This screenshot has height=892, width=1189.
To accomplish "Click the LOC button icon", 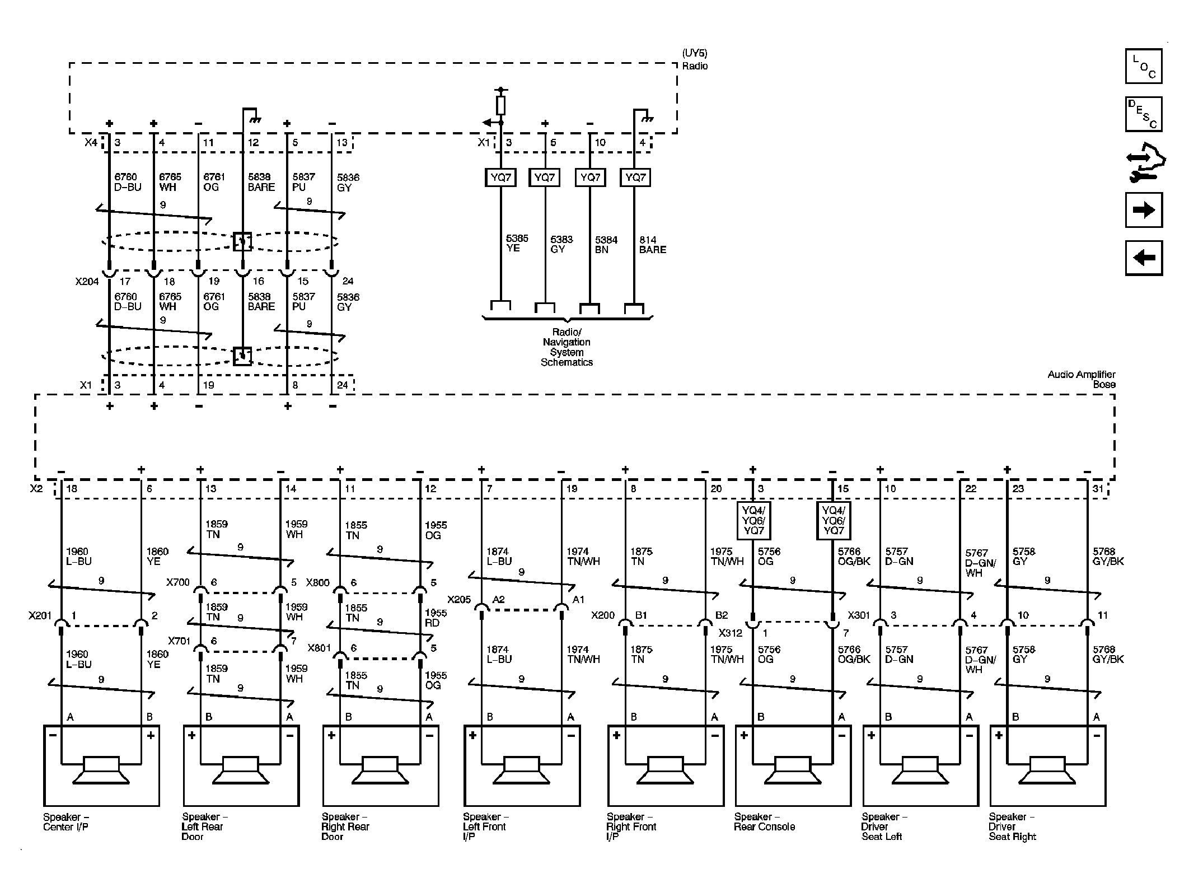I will coord(1143,66).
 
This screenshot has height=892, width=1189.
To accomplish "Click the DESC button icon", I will coord(1143,114).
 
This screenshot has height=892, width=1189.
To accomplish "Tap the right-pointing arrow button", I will coord(1143,210).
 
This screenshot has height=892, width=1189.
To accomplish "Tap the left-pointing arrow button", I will coord(1143,258).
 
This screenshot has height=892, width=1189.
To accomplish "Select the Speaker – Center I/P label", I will coord(66,822).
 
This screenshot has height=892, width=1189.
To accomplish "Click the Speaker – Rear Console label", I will coord(764,822).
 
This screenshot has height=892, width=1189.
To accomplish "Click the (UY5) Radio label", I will coord(695,60).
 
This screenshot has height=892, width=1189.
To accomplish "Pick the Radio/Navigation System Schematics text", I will coord(567,347).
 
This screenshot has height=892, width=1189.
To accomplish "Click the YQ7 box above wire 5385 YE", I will coord(500,178).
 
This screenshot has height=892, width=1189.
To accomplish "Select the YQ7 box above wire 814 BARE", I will coord(635,178).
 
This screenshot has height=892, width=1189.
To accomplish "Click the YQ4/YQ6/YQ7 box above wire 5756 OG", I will coord(753,520).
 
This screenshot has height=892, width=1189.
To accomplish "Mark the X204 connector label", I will coord(87,282).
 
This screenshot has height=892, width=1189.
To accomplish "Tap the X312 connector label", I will coord(731,633).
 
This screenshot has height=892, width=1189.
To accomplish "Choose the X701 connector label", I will coord(179,641).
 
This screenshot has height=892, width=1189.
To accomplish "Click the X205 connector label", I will coord(460,600).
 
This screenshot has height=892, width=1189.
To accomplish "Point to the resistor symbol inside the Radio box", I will coord(500,105).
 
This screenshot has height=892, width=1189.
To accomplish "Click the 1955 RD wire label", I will coord(436,618).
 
